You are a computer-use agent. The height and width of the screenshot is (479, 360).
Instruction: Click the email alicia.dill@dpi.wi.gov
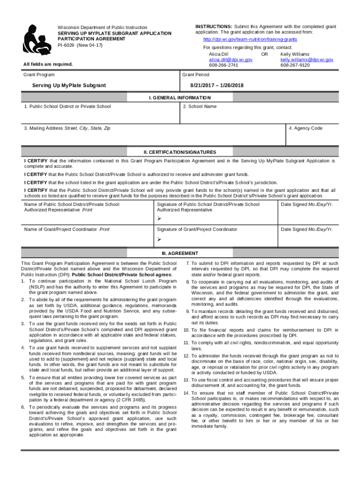point(230,60)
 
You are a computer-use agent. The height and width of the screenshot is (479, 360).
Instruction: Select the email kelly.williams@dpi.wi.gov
point(307,60)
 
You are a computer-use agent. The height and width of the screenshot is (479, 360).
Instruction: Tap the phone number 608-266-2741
point(223,65)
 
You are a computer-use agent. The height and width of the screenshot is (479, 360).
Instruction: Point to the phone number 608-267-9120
point(295,65)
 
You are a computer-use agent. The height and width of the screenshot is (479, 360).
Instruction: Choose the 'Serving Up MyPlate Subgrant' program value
point(69,86)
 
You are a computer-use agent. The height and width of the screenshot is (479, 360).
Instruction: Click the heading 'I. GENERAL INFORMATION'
point(180,98)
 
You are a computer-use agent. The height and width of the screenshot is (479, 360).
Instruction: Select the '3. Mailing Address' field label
point(67,128)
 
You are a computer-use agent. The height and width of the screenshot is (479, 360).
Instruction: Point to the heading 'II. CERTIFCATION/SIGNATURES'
point(180,152)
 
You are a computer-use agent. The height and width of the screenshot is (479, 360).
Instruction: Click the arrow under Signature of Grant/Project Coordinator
point(159,239)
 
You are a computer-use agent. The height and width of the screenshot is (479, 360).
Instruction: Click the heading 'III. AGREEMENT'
point(180,253)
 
